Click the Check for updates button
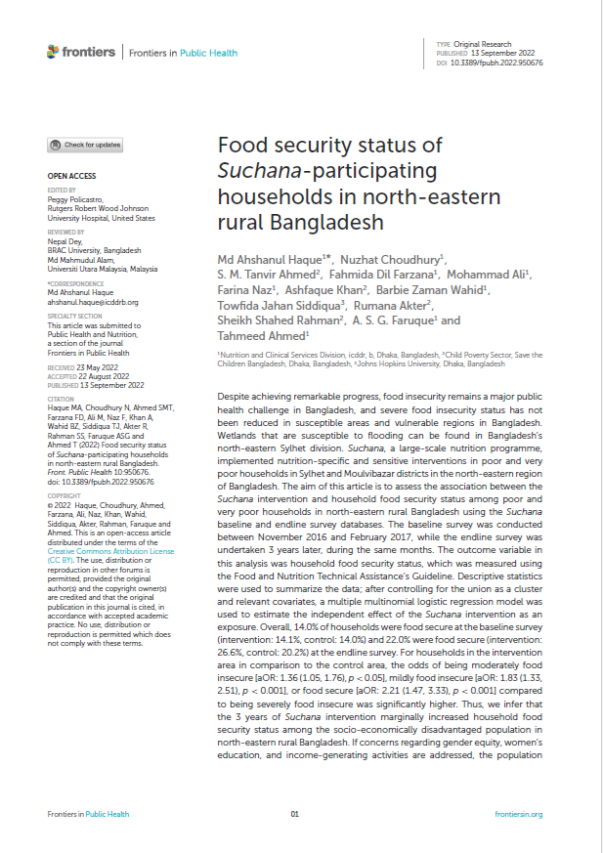[x=85, y=145]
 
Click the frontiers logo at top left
[x=82, y=53]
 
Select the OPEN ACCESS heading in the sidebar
[x=71, y=177]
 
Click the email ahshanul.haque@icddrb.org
[x=93, y=303]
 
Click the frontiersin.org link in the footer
[x=518, y=814]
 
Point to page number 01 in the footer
[x=295, y=814]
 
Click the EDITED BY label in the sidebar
[x=61, y=190]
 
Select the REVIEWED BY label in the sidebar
[x=65, y=232]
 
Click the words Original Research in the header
[x=484, y=45]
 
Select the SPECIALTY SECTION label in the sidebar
[x=74, y=317]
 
